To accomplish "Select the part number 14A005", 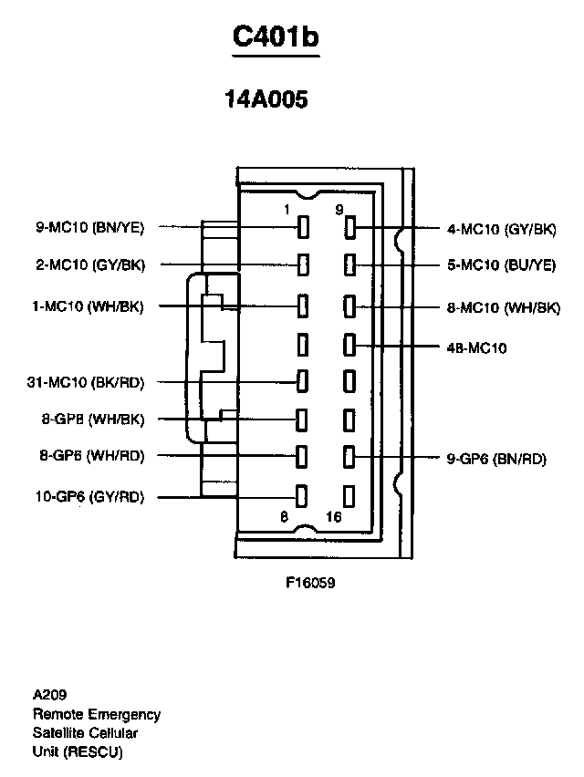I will point(266,99).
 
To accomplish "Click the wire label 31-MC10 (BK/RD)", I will point(86,382).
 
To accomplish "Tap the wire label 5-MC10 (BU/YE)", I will point(501,265).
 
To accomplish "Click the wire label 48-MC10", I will point(476,347).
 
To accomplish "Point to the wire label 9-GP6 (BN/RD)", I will point(496,460).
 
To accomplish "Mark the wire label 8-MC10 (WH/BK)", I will point(503,308).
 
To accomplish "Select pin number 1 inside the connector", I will point(287,210).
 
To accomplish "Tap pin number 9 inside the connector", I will point(339,210).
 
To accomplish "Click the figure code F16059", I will point(311,580).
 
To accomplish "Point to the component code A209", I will point(50,694).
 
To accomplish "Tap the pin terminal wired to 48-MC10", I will point(349,345).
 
